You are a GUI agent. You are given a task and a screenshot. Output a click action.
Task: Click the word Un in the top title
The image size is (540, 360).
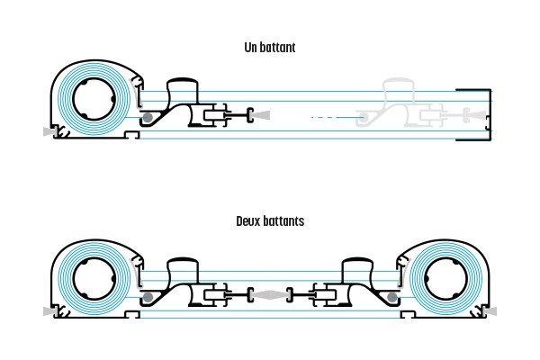tap(250, 47)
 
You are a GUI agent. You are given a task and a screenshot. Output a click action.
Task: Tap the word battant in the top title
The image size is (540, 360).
tap(277, 47)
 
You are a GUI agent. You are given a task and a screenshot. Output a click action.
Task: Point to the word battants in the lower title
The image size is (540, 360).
tap(283, 220)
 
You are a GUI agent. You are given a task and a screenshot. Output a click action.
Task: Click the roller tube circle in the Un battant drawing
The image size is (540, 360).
tap(90, 101)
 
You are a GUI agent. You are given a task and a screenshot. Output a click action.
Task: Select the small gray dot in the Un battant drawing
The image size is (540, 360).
tap(147, 118)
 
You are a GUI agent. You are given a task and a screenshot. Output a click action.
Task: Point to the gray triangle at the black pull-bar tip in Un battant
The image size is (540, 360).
tap(262, 115)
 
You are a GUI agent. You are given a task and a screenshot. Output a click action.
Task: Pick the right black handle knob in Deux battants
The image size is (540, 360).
tap(357, 266)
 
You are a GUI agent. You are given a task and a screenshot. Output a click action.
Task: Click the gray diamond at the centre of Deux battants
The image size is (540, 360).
tap(270, 294)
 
